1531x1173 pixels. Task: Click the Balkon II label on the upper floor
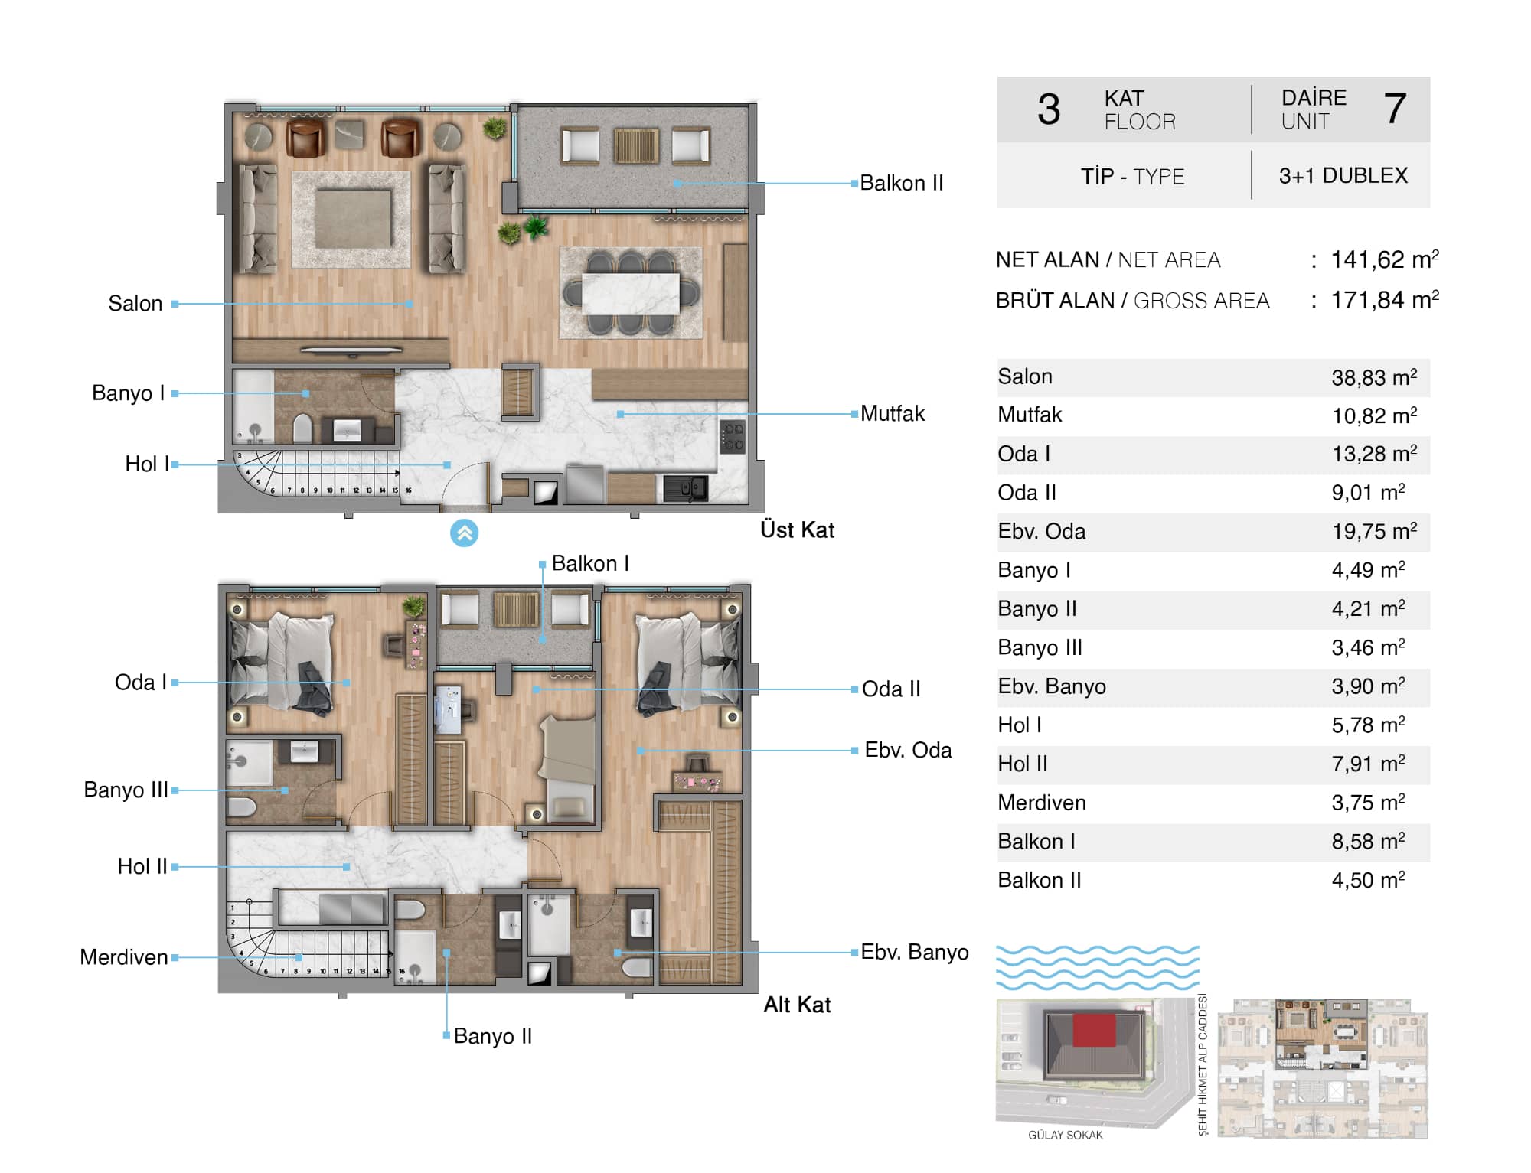901,183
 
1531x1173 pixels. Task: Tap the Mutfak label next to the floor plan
893,414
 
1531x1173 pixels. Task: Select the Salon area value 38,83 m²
1374,377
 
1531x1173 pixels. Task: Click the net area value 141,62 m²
1385,259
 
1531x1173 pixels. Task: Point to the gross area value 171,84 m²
1385,300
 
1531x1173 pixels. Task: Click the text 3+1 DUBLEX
1343,176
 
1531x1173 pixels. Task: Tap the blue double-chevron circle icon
464,533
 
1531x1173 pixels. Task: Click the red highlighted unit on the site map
1095,1030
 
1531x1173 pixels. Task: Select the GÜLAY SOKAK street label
1066,1135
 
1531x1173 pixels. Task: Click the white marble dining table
630,294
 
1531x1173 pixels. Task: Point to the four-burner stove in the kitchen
733,438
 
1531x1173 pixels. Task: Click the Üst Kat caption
797,529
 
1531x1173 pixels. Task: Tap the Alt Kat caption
797,1005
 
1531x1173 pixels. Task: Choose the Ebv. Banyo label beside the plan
915,952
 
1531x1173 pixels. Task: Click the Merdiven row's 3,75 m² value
1368,803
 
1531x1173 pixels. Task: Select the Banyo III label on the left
126,790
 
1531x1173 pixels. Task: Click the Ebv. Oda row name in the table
1041,532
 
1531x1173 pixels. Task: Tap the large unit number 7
1395,109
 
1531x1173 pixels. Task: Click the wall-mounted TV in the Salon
351,350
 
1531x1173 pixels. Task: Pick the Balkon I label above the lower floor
590,564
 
